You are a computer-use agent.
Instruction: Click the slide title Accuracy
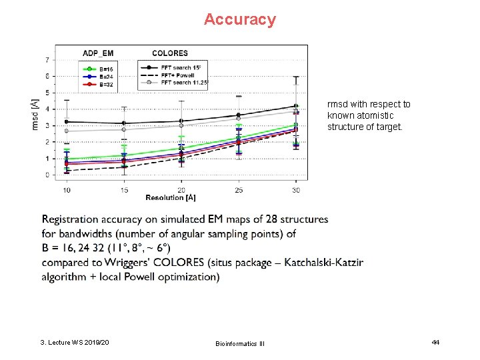click(x=239, y=19)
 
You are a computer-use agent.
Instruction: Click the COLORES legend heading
click(x=170, y=53)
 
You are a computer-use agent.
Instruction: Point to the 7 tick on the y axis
click(x=47, y=60)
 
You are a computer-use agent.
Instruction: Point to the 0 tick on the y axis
click(x=47, y=175)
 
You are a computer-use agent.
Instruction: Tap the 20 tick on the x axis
click(x=181, y=190)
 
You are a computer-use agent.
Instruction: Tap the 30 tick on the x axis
click(x=296, y=190)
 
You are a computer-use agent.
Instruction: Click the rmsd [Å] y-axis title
click(x=35, y=114)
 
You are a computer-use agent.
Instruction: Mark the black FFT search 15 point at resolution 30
click(x=296, y=106)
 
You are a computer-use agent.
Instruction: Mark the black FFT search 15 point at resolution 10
click(x=66, y=122)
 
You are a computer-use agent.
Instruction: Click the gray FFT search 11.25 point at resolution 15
click(x=124, y=129)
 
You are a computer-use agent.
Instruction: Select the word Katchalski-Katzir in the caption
click(x=323, y=263)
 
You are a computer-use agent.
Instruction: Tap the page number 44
click(x=435, y=342)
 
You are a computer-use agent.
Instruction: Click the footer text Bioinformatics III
click(x=240, y=343)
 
